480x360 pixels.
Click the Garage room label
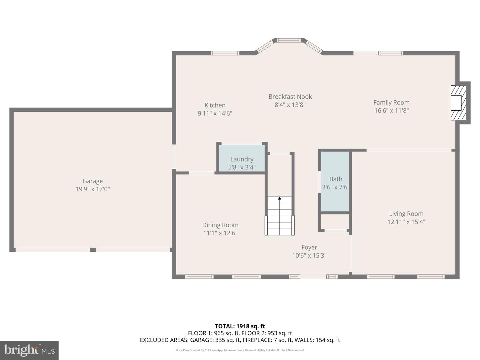(92, 181)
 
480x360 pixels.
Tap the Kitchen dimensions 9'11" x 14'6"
(215, 113)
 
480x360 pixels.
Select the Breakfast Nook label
(290, 97)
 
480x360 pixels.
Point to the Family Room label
(391, 103)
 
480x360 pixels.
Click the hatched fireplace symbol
(458, 103)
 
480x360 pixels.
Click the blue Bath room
(335, 182)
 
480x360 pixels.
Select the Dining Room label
(220, 225)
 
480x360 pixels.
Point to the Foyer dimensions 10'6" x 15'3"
(309, 256)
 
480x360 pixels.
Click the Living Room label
(406, 214)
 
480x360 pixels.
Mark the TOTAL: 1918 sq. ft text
(240, 326)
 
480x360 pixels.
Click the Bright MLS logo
(29, 350)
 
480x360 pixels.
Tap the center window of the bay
(289, 40)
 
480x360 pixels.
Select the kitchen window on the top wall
(225, 53)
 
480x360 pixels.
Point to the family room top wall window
(391, 53)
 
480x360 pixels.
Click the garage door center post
(93, 250)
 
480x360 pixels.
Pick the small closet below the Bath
(335, 222)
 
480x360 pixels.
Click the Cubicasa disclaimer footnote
(240, 350)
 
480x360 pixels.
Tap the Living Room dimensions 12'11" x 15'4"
(406, 222)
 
